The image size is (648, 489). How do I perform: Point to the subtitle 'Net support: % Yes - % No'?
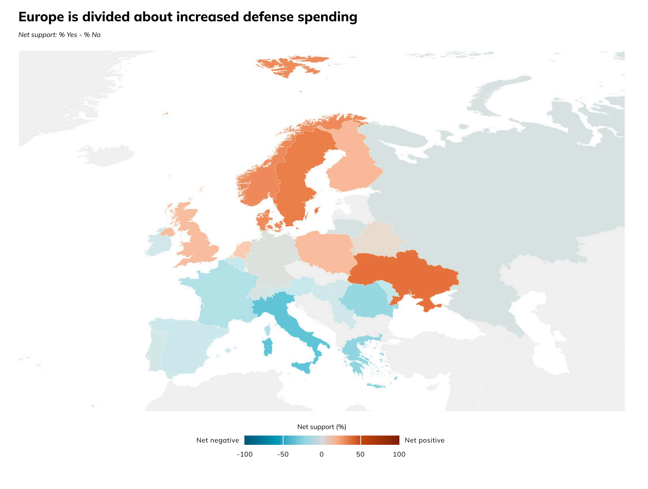point(59,35)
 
